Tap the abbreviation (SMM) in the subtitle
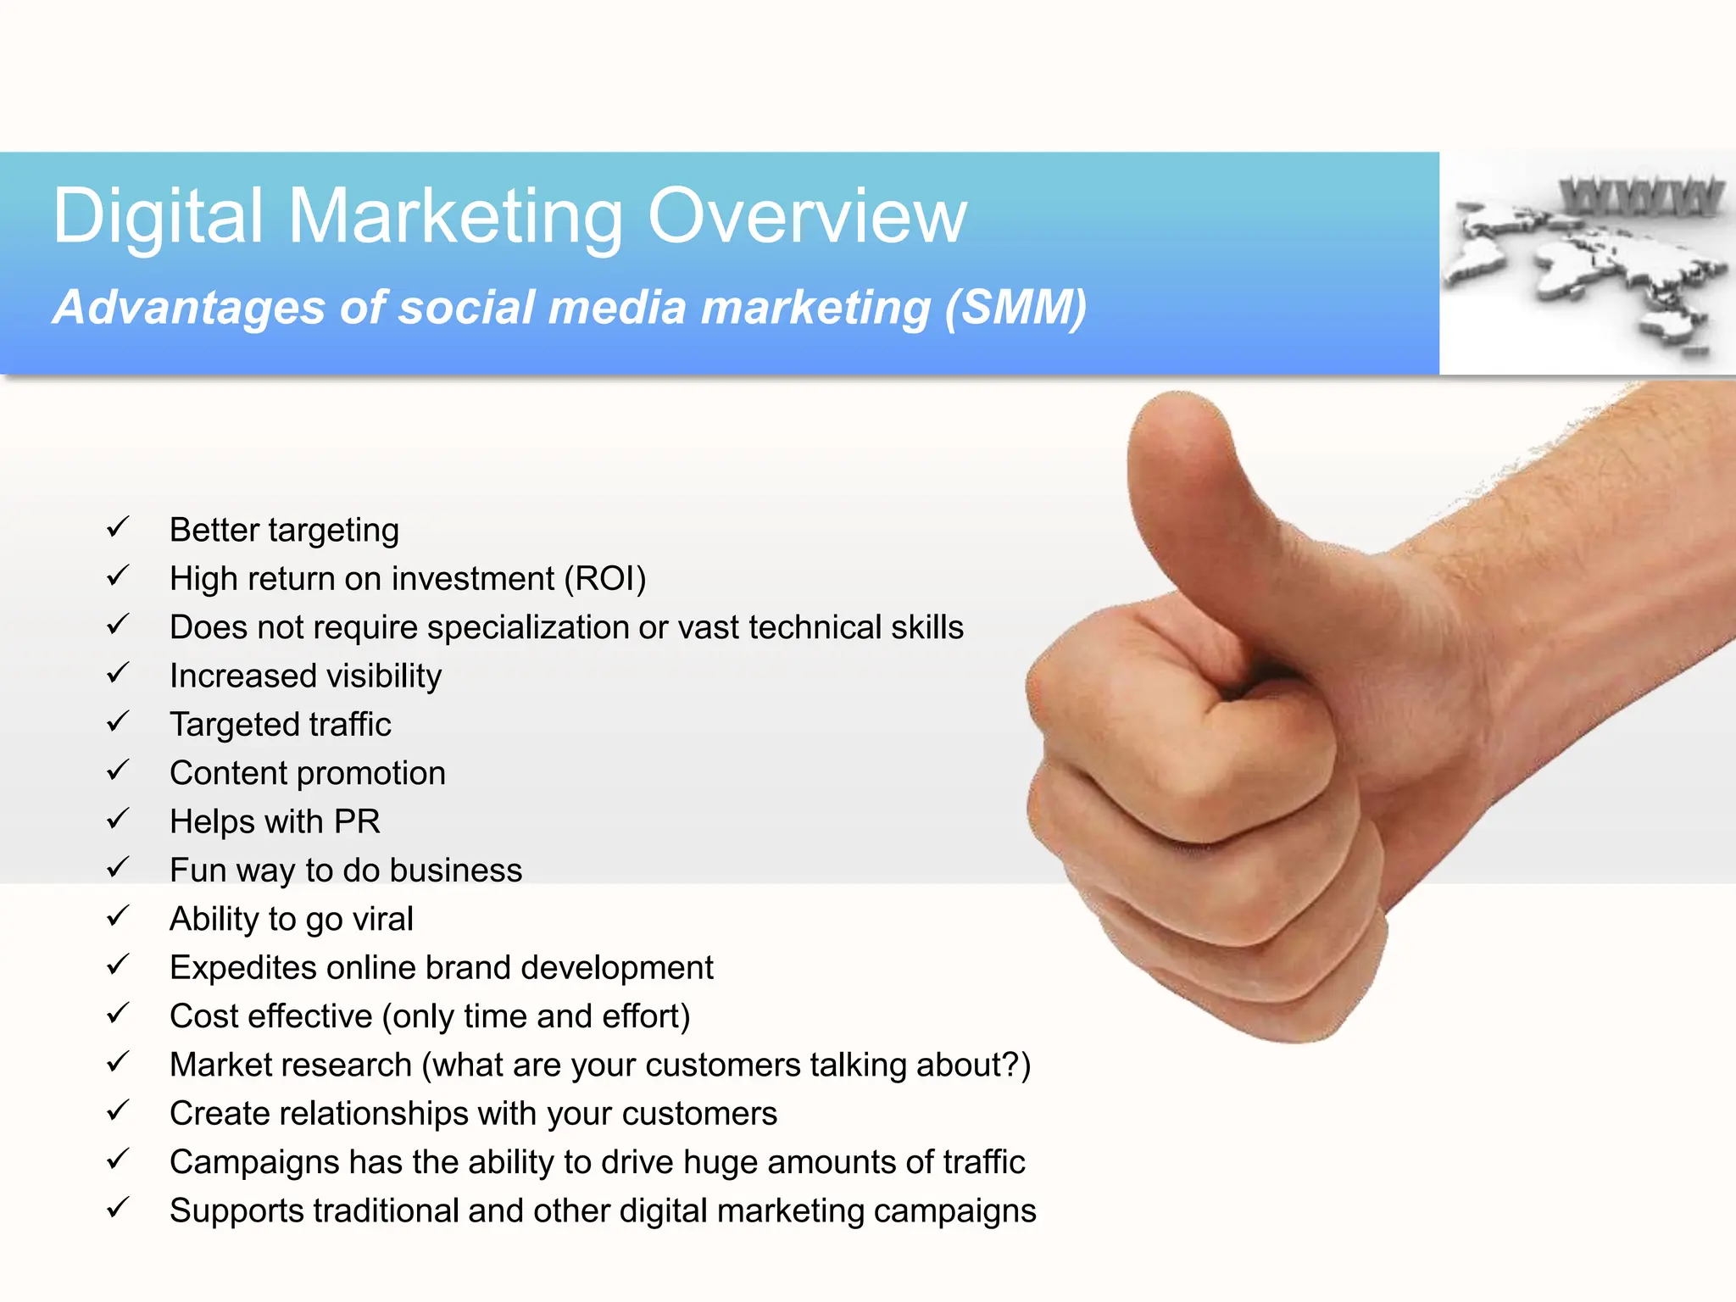point(1015,307)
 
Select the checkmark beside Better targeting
point(118,527)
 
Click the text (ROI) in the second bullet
point(609,579)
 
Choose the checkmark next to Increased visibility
point(118,674)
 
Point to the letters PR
point(356,821)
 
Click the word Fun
point(198,871)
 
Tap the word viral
point(382,919)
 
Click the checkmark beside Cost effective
point(118,1013)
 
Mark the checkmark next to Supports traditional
point(118,1207)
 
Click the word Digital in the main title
point(159,216)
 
